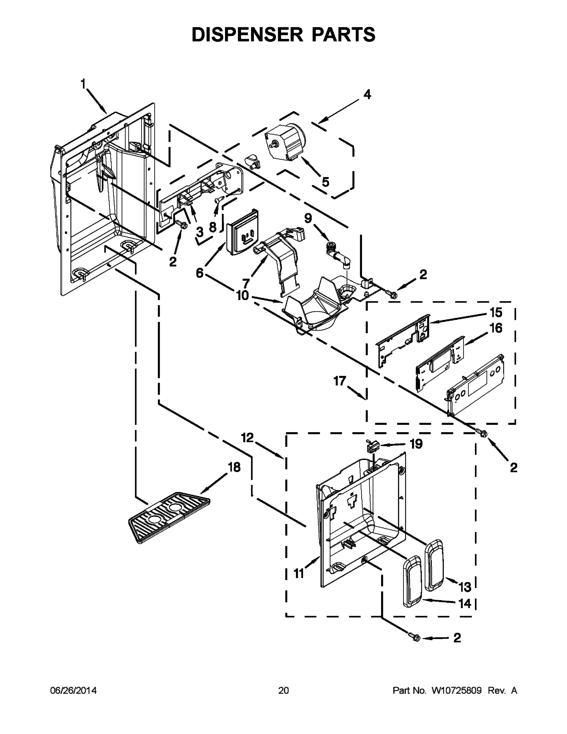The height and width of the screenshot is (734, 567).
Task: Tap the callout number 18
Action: point(234,467)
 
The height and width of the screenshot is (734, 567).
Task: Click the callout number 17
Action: point(340,381)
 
